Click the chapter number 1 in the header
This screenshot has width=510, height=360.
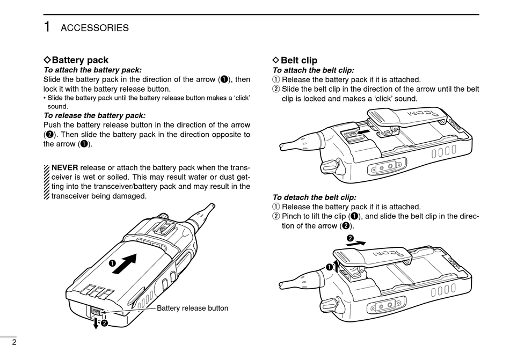[x=48, y=27]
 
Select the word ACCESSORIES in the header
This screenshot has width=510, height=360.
[x=94, y=28]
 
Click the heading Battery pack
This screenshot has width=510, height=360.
[x=79, y=60]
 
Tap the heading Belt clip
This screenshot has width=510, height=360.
[x=298, y=60]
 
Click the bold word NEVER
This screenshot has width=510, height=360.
[x=65, y=167]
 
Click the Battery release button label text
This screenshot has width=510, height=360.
[x=192, y=308]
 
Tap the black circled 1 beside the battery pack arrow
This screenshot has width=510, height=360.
[x=113, y=263]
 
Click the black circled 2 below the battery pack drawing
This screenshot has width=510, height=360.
[x=104, y=323]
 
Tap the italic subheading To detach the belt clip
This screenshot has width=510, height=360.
[x=314, y=197]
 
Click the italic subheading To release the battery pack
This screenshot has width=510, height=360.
[x=94, y=115]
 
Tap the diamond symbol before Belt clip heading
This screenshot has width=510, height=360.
[x=276, y=60]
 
